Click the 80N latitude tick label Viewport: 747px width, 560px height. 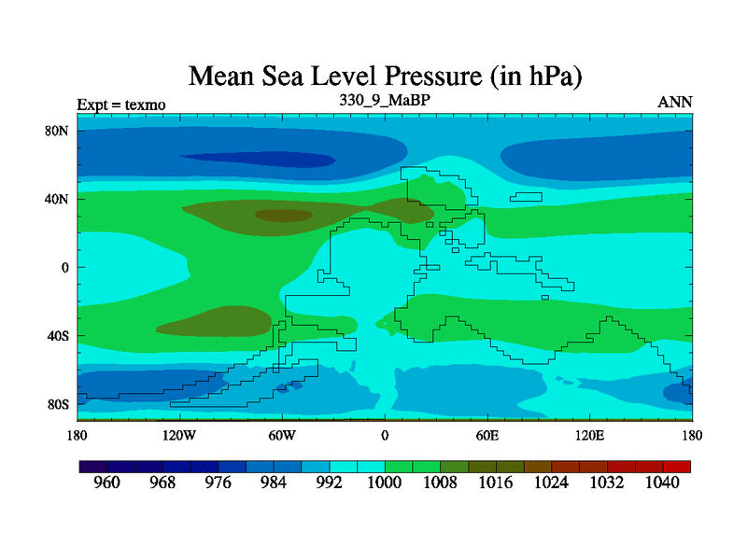click(58, 131)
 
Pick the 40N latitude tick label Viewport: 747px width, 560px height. click(58, 199)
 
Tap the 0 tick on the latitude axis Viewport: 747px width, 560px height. click(65, 267)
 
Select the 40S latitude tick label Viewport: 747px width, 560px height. click(59, 336)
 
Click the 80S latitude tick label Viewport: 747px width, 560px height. click(59, 404)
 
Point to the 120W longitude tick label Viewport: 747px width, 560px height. click(178, 435)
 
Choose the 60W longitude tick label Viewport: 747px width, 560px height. click(282, 435)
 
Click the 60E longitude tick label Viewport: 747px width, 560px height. click(487, 435)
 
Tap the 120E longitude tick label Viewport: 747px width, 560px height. click(590, 435)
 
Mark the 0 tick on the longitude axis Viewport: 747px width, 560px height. click(384, 435)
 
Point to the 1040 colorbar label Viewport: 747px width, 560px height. click(662, 483)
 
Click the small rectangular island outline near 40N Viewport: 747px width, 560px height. click(527, 196)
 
